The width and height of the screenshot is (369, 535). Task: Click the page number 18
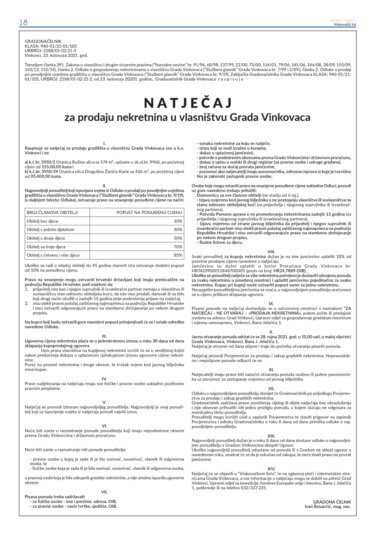click(x=23, y=22)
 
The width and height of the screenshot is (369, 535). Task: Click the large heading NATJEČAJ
click(x=188, y=103)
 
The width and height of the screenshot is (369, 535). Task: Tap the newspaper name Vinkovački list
click(x=345, y=25)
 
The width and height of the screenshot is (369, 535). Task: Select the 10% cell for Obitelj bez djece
click(x=178, y=221)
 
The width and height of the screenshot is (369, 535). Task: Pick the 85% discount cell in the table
click(x=178, y=255)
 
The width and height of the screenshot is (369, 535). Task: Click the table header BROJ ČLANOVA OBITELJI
click(x=52, y=213)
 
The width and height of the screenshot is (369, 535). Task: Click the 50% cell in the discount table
click(x=178, y=238)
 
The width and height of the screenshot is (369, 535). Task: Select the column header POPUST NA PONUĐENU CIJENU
click(x=149, y=213)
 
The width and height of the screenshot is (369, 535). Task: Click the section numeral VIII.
click(x=271, y=252)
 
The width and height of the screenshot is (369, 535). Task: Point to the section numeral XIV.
click(x=271, y=469)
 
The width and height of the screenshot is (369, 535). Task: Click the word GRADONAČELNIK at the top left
click(x=43, y=41)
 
